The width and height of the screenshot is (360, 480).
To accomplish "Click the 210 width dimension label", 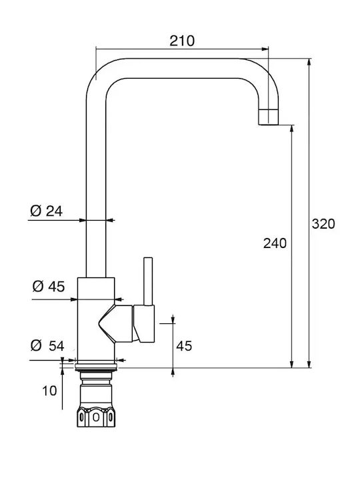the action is (182, 41).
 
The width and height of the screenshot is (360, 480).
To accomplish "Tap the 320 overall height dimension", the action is (323, 224).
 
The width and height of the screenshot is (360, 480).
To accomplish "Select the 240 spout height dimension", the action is (275, 243).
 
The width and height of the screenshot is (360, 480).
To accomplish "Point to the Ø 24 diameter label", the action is (46, 211).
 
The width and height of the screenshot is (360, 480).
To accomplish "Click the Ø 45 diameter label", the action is (49, 287).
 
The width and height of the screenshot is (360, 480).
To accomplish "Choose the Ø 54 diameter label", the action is (47, 345).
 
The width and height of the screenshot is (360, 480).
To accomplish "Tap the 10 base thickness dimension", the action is (49, 391).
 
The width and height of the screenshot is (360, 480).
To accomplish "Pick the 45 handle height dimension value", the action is (184, 346).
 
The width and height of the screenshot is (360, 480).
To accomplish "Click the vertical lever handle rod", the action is (148, 281).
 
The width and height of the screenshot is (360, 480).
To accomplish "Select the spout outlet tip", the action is (269, 117).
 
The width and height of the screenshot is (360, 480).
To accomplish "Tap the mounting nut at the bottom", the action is (96, 417).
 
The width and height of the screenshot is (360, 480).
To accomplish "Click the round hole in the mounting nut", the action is (96, 417).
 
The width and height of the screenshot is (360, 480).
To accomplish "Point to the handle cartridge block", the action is (144, 323).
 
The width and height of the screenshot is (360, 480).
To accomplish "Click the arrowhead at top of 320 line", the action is (309, 61).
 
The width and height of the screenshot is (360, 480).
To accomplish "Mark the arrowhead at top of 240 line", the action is (292, 128).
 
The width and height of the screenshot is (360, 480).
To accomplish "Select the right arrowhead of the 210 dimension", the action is (265, 49).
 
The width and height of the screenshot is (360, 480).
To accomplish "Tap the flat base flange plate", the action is (96, 367).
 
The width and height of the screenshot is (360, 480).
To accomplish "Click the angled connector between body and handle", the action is (116, 323).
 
